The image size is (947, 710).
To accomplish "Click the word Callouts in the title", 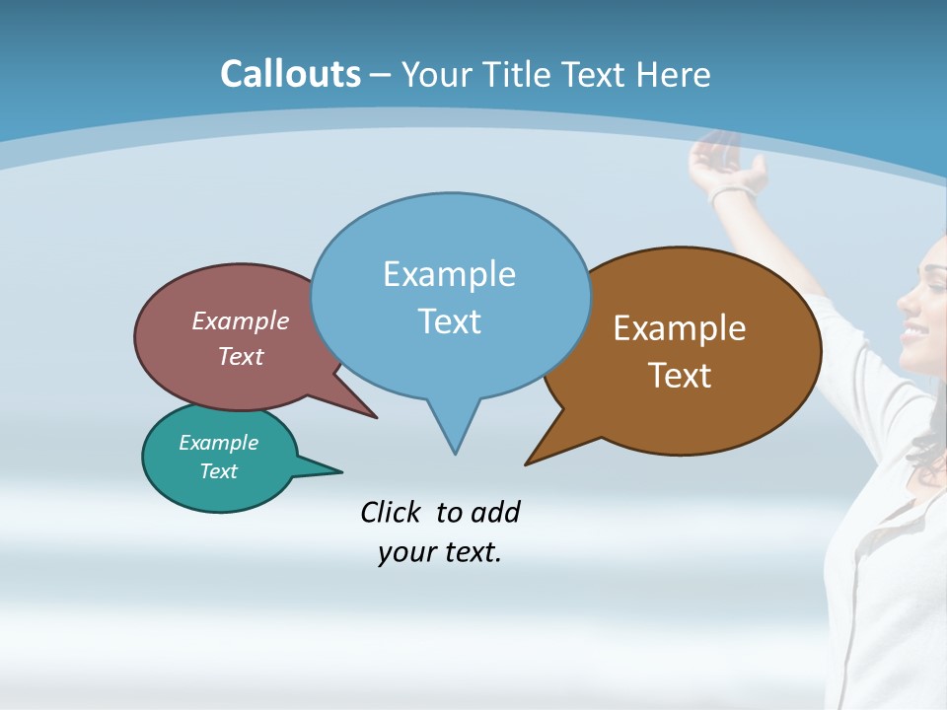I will tap(290, 74).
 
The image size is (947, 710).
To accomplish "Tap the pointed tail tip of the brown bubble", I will tap(527, 462).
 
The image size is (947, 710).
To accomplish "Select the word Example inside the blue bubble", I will tap(449, 274).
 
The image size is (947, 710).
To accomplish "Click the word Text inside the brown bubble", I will tap(680, 376).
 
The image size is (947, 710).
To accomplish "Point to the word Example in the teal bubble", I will tap(218, 443).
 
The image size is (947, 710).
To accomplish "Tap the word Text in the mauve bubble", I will tap(241, 357).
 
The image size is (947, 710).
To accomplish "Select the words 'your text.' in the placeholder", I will tap(440, 552).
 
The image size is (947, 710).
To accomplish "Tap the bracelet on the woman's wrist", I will tap(732, 192).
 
